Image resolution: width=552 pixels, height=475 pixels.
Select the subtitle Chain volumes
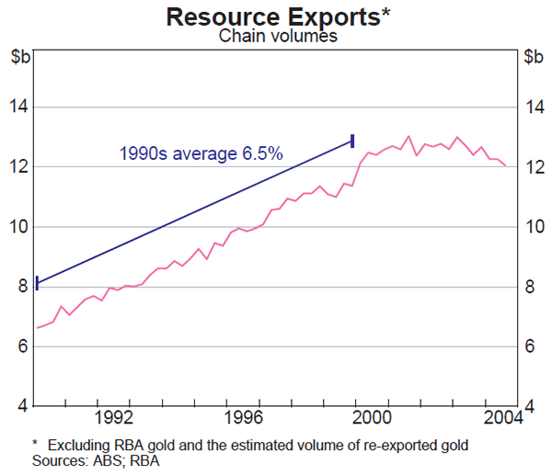(x=276, y=37)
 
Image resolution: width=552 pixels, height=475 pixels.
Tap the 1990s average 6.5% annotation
(x=201, y=153)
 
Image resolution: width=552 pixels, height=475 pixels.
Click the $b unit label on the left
(x=20, y=57)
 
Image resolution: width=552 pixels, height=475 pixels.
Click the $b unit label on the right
(x=532, y=57)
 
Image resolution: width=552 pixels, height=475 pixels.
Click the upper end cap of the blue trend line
(x=352, y=140)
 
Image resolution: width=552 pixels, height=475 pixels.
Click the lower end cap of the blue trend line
(x=37, y=283)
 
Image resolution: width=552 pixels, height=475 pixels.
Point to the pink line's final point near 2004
(x=505, y=165)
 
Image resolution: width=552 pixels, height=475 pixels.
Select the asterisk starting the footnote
(x=35, y=443)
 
